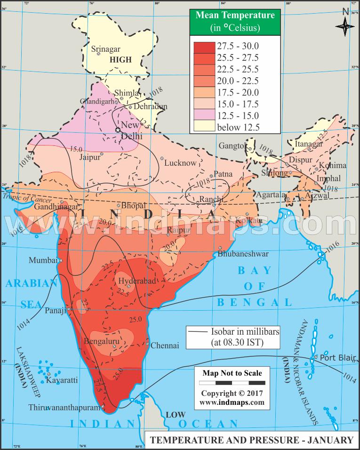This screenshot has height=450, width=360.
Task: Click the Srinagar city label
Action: pyautogui.click(x=106, y=48)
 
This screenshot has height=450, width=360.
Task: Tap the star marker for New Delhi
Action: pyautogui.click(x=118, y=129)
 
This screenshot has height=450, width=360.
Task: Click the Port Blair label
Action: pyautogui.click(x=338, y=357)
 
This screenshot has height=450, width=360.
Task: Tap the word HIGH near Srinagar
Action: pyautogui.click(x=120, y=60)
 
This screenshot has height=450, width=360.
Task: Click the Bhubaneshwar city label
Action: pyautogui.click(x=243, y=254)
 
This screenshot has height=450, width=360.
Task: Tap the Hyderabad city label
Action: pyautogui.click(x=137, y=281)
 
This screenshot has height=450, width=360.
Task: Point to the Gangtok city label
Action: pyautogui.click(x=232, y=146)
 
